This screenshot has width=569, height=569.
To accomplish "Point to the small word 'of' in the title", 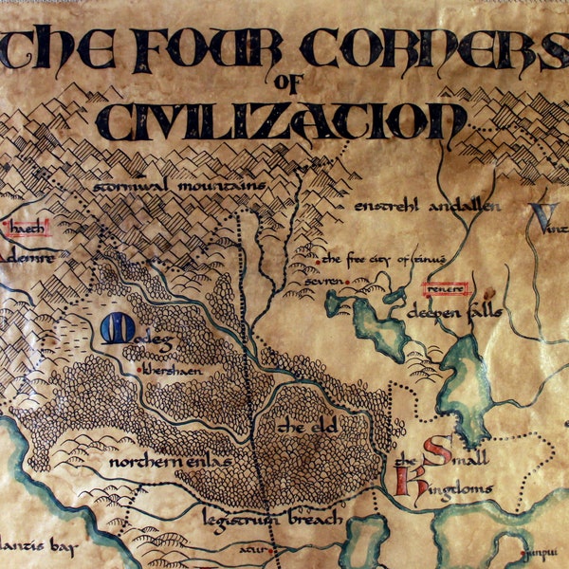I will [x=284, y=84].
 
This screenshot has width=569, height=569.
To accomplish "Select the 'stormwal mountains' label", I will [x=179, y=187].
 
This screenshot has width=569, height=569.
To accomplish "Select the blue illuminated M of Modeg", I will [x=113, y=328].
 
